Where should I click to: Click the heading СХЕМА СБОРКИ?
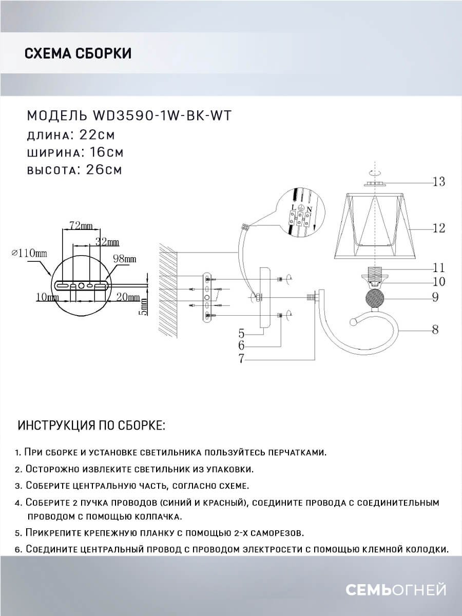78,53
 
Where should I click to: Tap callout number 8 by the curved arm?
435,330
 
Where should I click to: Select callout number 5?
241,332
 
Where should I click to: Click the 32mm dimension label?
107,242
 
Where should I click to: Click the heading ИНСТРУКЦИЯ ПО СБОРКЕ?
92,426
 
